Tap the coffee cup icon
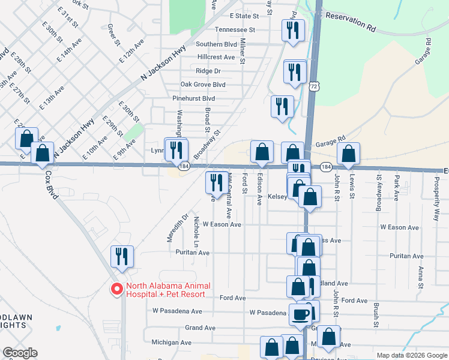click(x=301, y=314)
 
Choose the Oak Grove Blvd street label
click(x=202, y=85)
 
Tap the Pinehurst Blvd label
click(x=193, y=98)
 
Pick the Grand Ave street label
click(x=200, y=328)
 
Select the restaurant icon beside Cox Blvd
click(x=122, y=256)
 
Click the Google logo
click(x=20, y=353)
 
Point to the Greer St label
click(x=111, y=35)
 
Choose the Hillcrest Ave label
click(x=216, y=58)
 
